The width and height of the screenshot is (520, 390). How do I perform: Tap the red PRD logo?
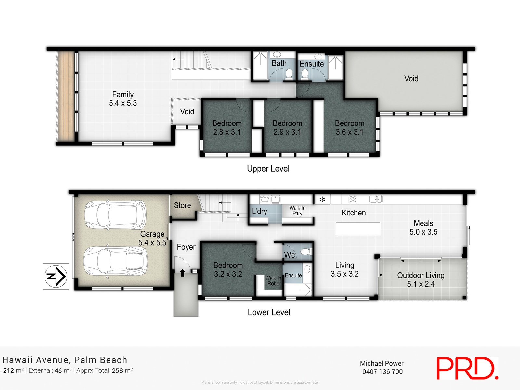point(467,368)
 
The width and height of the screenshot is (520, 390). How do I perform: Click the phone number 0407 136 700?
point(383,371)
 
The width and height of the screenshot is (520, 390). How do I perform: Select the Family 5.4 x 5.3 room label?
point(123,99)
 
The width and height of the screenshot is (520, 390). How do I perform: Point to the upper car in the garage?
point(115,215)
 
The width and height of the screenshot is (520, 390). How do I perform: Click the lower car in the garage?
point(115,262)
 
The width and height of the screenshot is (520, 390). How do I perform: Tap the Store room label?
point(182,205)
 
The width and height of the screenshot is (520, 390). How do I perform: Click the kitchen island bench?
point(358,228)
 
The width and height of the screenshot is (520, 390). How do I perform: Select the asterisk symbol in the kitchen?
point(322,200)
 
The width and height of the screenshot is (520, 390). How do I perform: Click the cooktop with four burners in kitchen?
point(353,199)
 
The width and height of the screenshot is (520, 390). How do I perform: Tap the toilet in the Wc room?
point(305,252)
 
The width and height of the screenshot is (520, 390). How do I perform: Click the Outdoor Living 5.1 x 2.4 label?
point(421,279)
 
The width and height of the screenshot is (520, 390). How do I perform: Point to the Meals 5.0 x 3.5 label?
point(423,227)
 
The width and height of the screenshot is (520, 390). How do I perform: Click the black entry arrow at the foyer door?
point(183,273)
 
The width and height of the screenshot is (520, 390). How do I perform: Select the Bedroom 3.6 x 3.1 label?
point(349,128)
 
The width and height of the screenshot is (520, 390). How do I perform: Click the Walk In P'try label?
point(297,211)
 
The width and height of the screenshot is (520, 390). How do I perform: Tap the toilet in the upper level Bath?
point(288,75)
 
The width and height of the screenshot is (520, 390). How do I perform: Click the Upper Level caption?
point(268,169)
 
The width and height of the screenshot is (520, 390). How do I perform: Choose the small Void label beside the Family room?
point(187,112)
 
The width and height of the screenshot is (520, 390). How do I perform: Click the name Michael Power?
point(382,363)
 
